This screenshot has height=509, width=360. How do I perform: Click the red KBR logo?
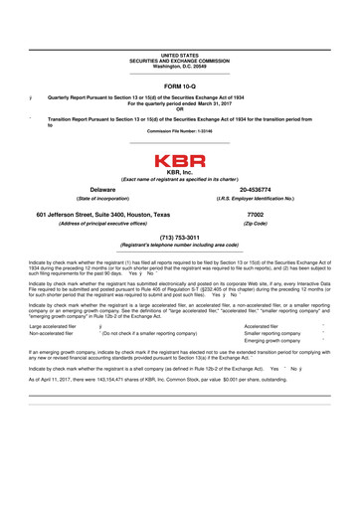coord(180,159)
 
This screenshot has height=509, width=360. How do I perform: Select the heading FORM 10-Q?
coord(180,85)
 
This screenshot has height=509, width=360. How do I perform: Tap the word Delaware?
coord(89,188)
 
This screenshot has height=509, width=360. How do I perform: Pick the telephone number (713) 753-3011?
coord(180,239)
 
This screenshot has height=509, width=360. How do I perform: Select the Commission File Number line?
coord(180,130)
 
